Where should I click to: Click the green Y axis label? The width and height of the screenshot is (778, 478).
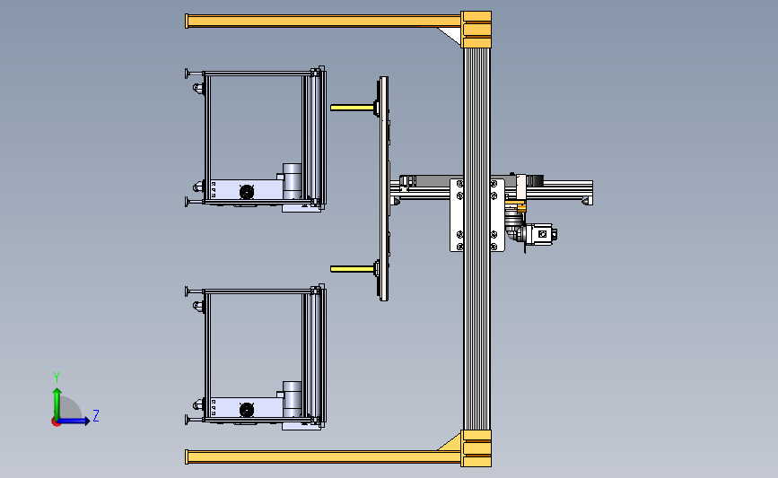pos(57,378)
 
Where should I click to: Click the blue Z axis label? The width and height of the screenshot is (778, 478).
pos(96,415)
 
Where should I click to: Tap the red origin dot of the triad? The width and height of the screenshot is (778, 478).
pos(56,422)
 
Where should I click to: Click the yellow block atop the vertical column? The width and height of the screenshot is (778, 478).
pos(476,30)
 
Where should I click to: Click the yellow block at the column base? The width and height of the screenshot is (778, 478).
pos(476,448)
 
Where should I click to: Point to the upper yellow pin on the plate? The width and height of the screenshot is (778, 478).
pos(353,107)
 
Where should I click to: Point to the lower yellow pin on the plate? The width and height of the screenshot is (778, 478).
pos(353,269)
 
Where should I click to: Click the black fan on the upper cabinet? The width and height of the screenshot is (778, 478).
pos(247,192)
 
